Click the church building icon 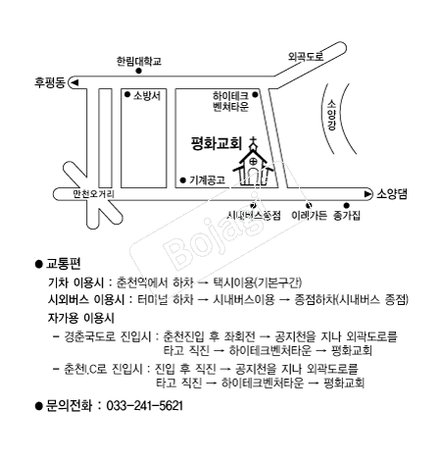[254, 165]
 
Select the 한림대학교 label [138, 60]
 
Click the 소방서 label [145, 95]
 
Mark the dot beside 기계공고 [182, 180]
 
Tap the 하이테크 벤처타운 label [232, 100]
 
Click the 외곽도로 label [305, 57]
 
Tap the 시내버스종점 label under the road [255, 214]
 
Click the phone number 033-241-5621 [144, 405]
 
